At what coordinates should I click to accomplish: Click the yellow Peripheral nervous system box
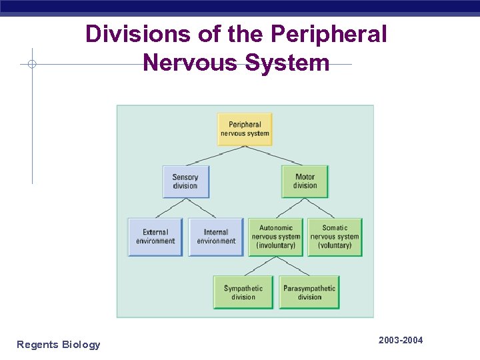[245, 129]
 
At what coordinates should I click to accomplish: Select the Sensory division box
[185, 181]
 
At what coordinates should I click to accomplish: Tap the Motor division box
[305, 181]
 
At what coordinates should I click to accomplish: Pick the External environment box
[155, 237]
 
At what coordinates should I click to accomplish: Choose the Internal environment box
[216, 237]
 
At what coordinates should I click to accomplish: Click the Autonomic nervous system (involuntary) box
[276, 237]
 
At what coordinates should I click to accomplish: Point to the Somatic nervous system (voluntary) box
[335, 237]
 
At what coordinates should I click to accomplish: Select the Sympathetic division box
[243, 292]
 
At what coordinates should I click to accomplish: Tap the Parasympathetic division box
[309, 292]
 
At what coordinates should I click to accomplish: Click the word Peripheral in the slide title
[333, 34]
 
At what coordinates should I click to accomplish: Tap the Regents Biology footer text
[59, 345]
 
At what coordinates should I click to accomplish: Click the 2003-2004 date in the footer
[400, 341]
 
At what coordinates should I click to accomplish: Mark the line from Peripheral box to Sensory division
[213, 155]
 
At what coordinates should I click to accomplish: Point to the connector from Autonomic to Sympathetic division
[259, 266]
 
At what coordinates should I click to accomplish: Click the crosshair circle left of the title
[32, 65]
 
